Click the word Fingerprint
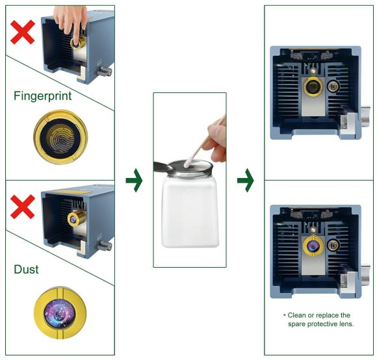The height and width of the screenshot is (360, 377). pos(42,96)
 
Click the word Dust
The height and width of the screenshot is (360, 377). pos(26,269)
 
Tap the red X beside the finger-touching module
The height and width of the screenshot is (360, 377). pos(23,32)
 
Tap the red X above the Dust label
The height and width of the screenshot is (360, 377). pos(23,207)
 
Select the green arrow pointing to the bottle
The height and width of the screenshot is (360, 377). pos(134,180)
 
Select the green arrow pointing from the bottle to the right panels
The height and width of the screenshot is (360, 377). pos(245,180)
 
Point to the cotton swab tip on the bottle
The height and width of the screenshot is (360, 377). pos(187,164)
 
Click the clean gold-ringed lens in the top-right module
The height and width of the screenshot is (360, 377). pos(313,86)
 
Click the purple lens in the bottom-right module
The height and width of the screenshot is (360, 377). pos(313,246)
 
